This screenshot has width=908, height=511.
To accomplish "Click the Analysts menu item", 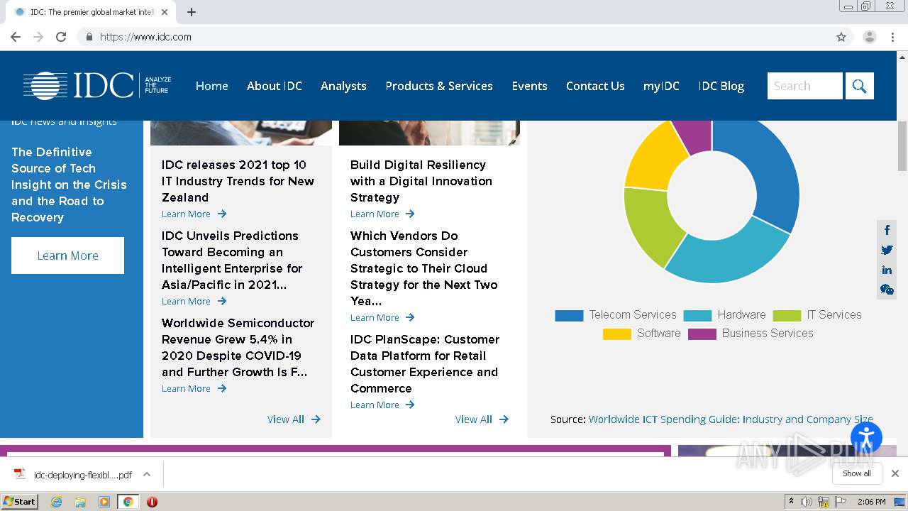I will click(x=343, y=86).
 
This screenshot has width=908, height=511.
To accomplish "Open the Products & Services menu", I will click(x=439, y=86).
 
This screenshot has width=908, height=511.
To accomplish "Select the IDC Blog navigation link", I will click(x=721, y=86).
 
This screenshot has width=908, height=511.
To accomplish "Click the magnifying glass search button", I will click(x=860, y=86).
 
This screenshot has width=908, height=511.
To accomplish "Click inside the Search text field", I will click(x=804, y=86).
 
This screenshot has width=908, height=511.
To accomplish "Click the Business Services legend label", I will click(x=768, y=334).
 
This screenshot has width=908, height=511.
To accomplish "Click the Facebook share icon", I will click(x=887, y=230).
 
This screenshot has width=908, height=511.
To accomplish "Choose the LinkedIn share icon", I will click(x=887, y=270).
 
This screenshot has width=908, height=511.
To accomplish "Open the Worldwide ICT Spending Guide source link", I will click(x=731, y=419).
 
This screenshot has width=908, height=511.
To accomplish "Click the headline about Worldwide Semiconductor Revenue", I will click(x=238, y=347).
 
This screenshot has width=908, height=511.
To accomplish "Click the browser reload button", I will click(x=61, y=37).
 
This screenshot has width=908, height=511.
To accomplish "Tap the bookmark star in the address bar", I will click(x=841, y=37).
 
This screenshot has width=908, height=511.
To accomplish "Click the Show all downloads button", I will click(x=857, y=473).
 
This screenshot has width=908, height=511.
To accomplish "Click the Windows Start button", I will click(x=19, y=502).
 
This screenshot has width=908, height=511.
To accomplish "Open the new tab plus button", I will click(x=192, y=12).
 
